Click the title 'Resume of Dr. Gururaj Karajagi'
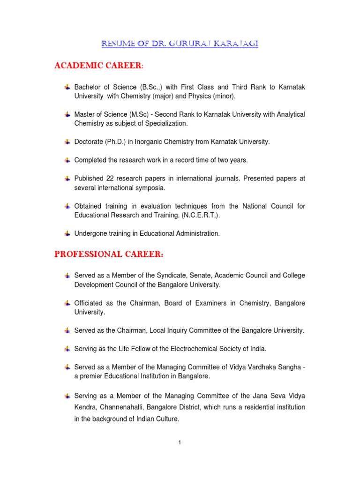tap(180, 44)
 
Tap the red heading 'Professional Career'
tap(109, 255)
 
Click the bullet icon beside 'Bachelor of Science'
tap(67, 87)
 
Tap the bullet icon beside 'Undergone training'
tap(67, 233)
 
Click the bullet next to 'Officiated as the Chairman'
tap(67, 303)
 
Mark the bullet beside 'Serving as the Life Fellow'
tap(67, 348)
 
